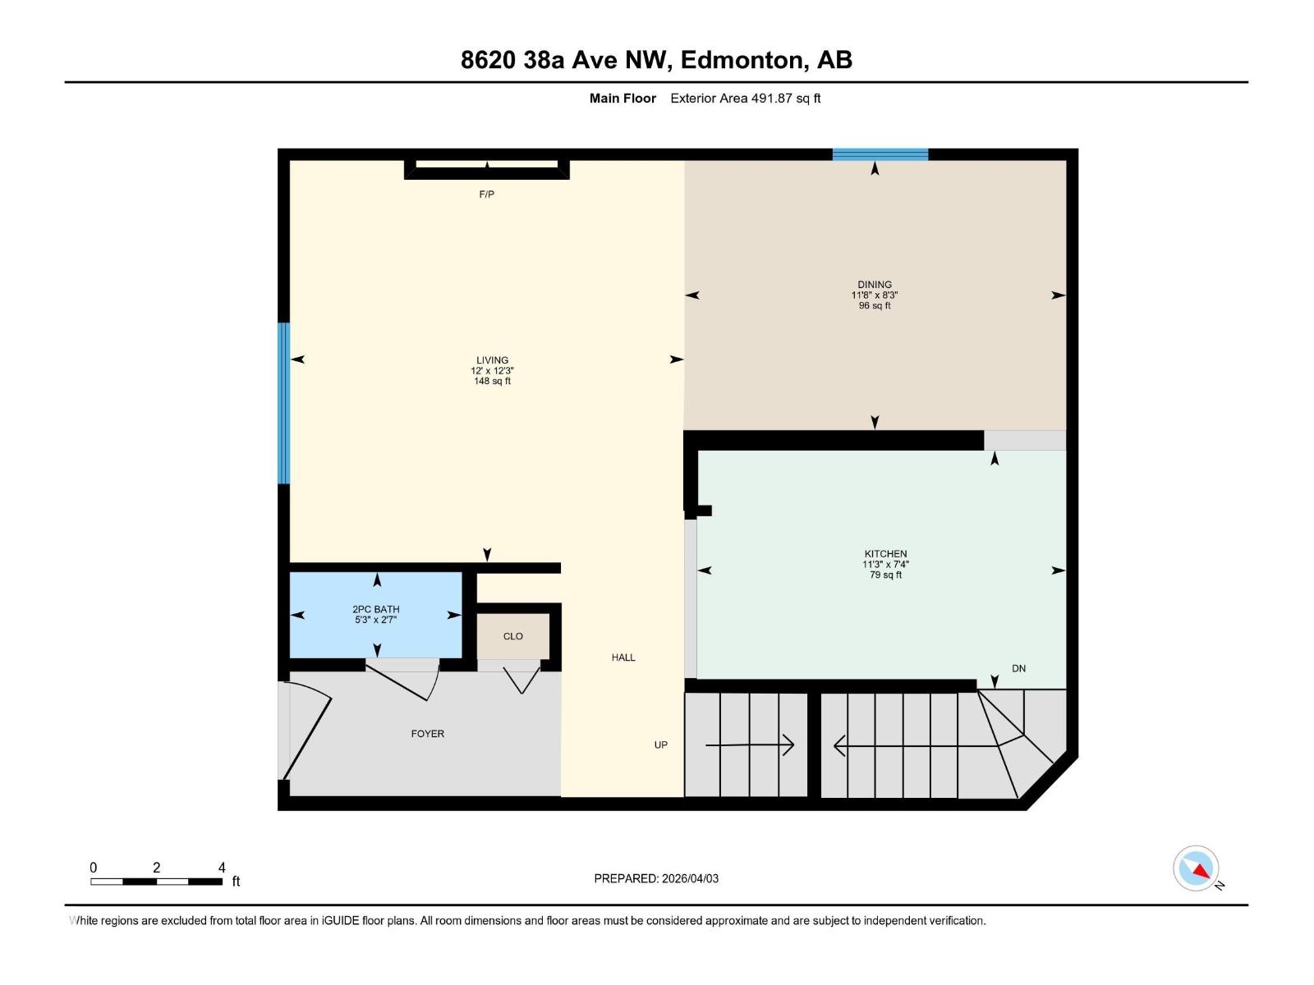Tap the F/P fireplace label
[x=486, y=195]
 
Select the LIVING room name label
[x=492, y=360]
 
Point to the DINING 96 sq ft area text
[x=874, y=305]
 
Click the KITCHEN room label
[x=885, y=554]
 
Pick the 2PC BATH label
[x=375, y=609]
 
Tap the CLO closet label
[x=512, y=636]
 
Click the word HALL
[x=623, y=657]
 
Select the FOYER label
[x=427, y=734]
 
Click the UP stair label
[x=661, y=745]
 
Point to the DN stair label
[x=1018, y=668]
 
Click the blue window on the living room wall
[x=284, y=403]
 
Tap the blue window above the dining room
[x=880, y=154]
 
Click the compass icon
[x=1197, y=868]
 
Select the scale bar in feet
[x=156, y=882]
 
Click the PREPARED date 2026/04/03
[x=656, y=878]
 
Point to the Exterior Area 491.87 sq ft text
[x=745, y=98]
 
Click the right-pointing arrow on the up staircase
[x=750, y=745]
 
